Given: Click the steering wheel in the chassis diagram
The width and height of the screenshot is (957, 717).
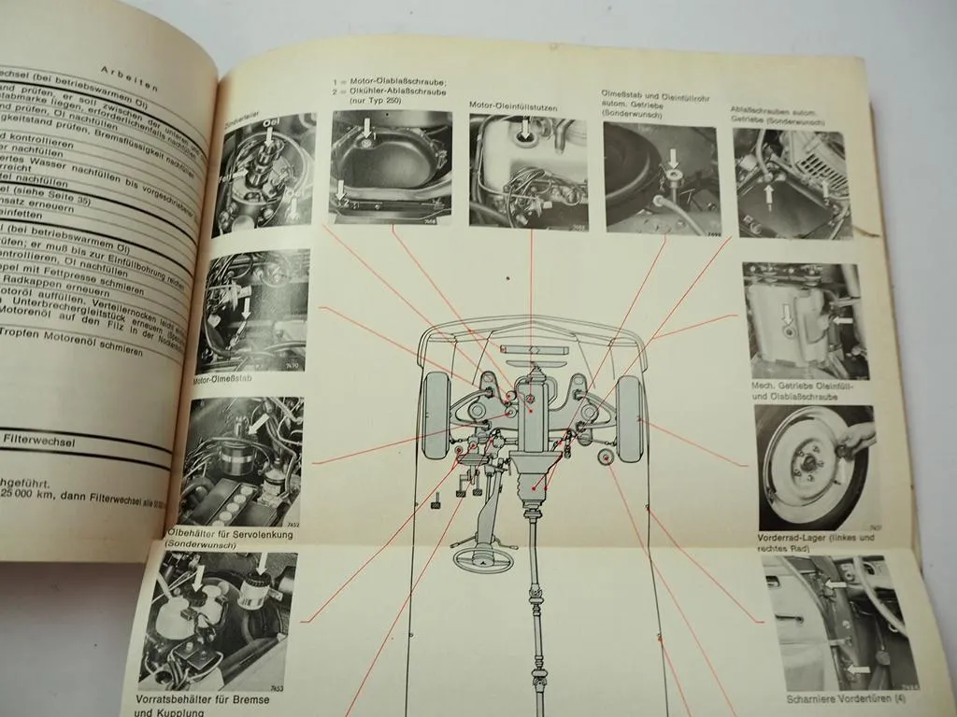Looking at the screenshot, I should tap(487, 559).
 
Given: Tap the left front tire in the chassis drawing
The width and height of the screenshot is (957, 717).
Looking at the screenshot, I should tap(436, 415).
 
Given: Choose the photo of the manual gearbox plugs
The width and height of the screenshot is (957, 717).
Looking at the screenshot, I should tap(806, 320).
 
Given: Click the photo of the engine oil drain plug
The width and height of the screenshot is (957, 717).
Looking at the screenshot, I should tap(391, 168).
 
